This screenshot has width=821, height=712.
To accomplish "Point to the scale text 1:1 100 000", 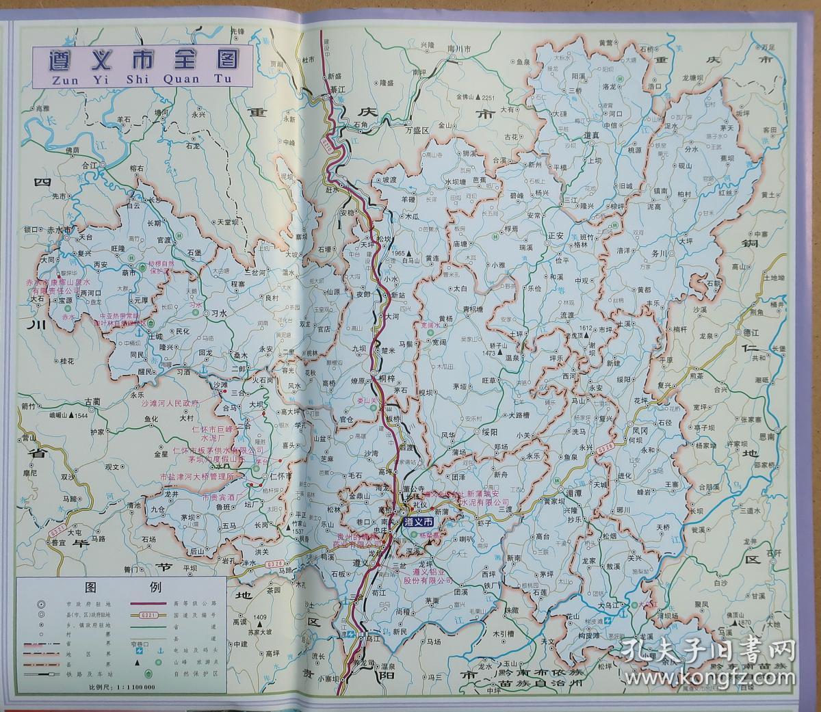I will click(129, 687).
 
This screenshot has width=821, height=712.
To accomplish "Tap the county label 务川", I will click(660, 253).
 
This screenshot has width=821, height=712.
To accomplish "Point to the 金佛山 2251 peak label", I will click(475, 97).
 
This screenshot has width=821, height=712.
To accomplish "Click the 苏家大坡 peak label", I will click(264, 631).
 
